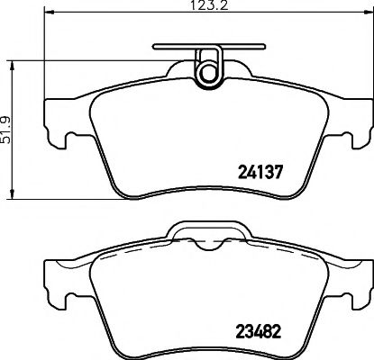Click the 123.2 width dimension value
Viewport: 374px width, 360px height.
[x=207, y=7]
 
